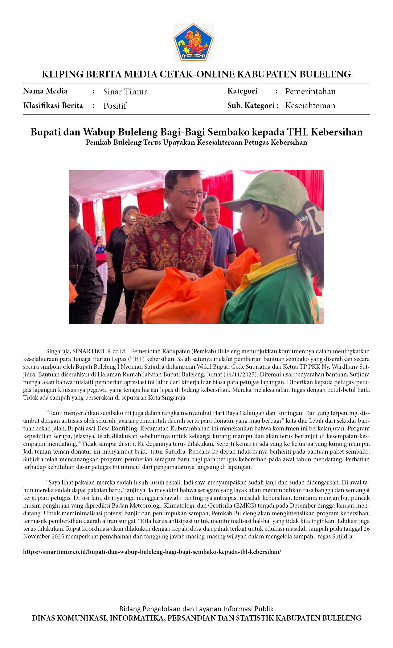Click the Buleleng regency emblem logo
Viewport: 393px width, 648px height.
pyautogui.click(x=194, y=42)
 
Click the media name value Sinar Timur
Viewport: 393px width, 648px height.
pyautogui.click(x=125, y=92)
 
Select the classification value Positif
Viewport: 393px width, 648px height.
pyautogui.click(x=115, y=106)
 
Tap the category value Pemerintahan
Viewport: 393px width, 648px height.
pyautogui.click(x=310, y=91)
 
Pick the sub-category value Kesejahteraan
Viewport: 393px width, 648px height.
pyautogui.click(x=310, y=106)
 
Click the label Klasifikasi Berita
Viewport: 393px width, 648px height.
pyautogui.click(x=53, y=106)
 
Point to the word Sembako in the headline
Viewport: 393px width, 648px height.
pyautogui.click(x=228, y=132)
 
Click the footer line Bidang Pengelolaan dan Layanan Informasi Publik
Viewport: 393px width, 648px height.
pyautogui.click(x=196, y=609)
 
